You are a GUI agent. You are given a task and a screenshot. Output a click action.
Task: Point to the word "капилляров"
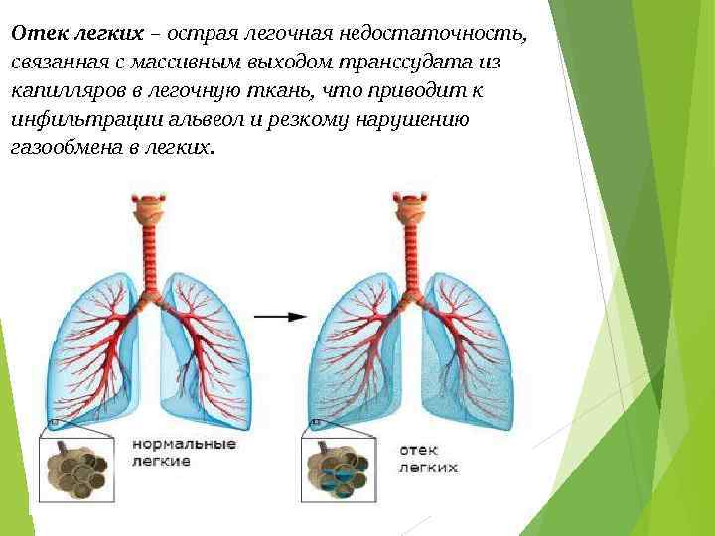click(x=63, y=91)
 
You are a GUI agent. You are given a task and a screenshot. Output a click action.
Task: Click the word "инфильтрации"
click(x=72, y=119)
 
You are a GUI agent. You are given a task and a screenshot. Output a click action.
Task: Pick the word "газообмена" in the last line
click(x=65, y=148)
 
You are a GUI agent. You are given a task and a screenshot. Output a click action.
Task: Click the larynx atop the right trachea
click(x=407, y=207)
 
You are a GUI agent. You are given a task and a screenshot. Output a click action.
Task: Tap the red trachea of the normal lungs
click(x=151, y=258)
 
